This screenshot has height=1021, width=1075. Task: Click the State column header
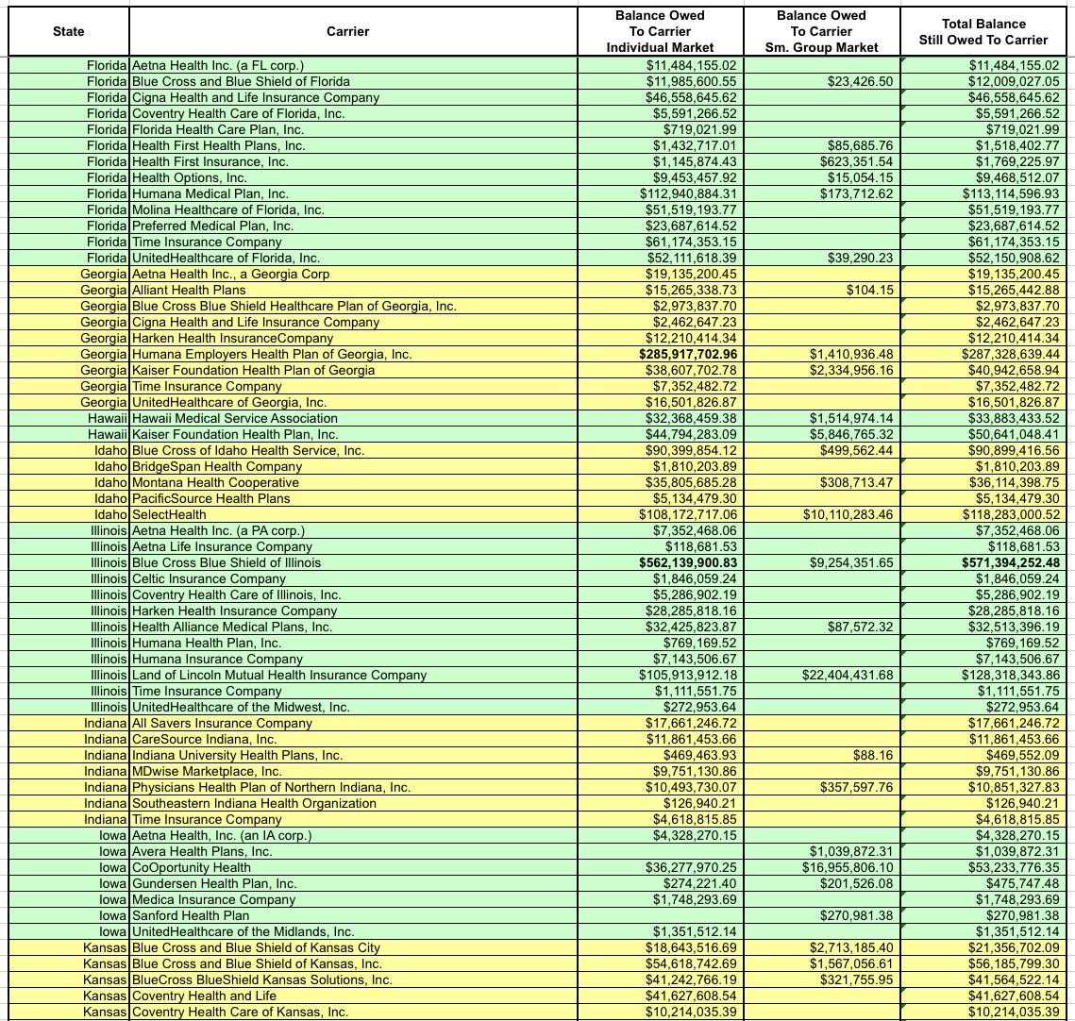(68, 31)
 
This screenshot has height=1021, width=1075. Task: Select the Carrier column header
(347, 31)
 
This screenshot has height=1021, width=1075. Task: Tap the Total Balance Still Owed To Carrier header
(983, 31)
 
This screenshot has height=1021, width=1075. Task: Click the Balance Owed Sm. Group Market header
(821, 31)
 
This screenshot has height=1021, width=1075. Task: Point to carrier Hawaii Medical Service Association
(234, 418)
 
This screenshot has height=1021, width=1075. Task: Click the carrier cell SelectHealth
(169, 514)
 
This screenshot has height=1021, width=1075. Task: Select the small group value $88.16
(873, 755)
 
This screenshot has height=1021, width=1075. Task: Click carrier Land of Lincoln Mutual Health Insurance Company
(278, 675)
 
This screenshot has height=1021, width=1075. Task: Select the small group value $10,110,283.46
(847, 514)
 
